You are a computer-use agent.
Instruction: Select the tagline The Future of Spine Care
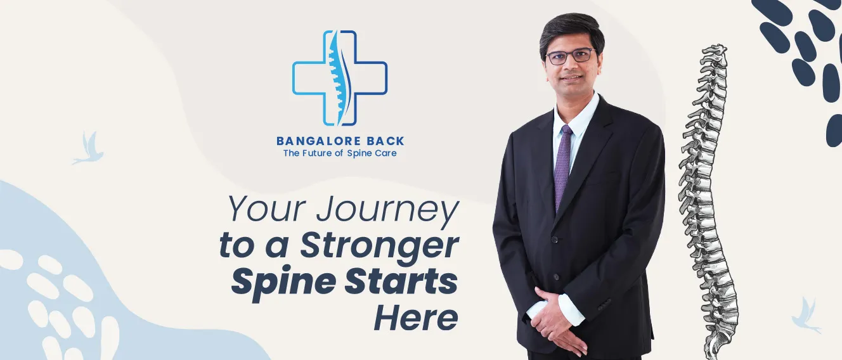pyautogui.click(x=340, y=153)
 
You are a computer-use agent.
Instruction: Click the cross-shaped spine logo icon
pyautogui.click(x=340, y=78)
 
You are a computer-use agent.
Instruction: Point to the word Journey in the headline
pyautogui.click(x=387, y=211)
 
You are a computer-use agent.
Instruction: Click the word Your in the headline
pyautogui.click(x=268, y=209)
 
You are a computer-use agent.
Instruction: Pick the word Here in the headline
pyautogui.click(x=416, y=318)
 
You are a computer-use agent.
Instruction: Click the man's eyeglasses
pyautogui.click(x=570, y=56)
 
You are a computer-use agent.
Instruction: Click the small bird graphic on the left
pyautogui.click(x=88, y=148)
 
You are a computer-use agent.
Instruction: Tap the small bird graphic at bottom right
pyautogui.click(x=805, y=316)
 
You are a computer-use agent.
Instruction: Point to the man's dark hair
pyautogui.click(x=571, y=32)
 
